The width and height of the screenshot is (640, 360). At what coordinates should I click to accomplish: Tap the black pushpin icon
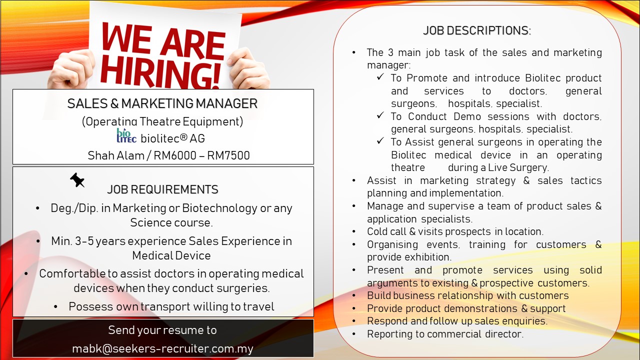pos(77,180)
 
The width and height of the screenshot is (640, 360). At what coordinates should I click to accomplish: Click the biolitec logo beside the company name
pos(126,135)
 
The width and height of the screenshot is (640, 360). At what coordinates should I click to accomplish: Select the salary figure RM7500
pos(228,155)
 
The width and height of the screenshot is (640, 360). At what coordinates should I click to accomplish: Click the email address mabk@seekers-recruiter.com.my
pos(162,349)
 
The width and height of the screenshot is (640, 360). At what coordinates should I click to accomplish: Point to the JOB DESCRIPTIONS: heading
pos(477,30)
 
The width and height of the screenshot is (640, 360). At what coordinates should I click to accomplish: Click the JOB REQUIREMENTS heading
pos(162,189)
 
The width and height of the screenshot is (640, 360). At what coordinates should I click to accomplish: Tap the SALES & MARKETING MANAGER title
pos(162,103)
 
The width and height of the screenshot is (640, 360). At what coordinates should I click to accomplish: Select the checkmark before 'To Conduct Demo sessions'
pos(380,115)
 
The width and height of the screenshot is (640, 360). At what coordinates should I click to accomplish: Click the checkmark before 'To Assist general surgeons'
pos(380,141)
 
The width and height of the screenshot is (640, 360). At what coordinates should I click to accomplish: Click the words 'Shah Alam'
pos(115,155)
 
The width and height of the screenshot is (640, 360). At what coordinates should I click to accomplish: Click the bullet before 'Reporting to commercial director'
pos(354,334)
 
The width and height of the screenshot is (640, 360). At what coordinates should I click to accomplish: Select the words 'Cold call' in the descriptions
pos(386,231)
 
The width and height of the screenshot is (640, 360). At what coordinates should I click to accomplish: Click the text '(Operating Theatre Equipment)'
pos(162,121)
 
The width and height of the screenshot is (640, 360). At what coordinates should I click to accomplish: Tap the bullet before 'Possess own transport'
pos(55,307)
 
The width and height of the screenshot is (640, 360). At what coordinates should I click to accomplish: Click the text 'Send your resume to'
pos(162,330)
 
